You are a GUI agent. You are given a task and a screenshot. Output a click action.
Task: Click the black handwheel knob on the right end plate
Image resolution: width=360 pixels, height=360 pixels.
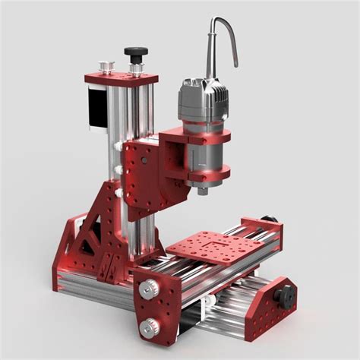click(x=287, y=295)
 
